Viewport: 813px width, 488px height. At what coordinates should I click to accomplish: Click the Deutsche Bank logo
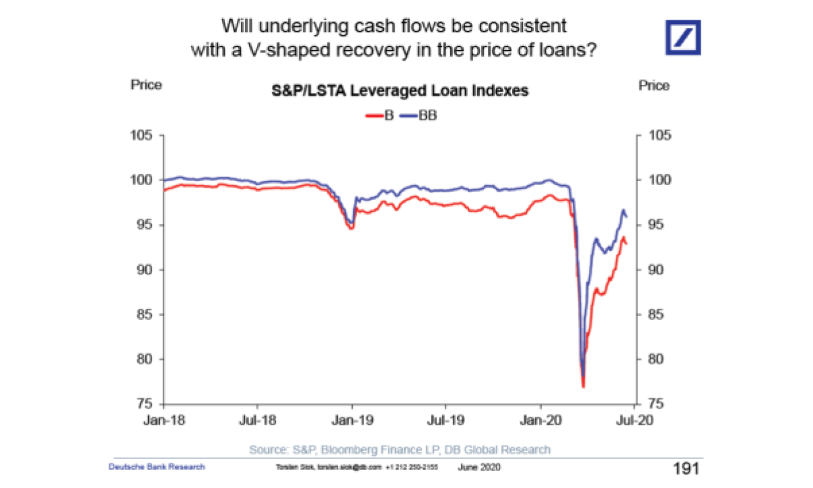683,37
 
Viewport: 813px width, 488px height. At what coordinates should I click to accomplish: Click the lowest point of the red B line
584,387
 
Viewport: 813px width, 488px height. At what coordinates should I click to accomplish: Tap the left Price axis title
146,85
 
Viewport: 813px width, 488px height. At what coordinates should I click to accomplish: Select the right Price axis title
653,85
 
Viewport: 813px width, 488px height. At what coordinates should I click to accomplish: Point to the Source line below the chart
400,450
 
